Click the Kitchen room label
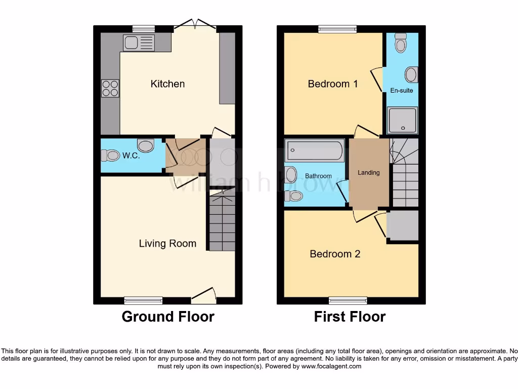tap(167, 84)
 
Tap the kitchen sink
tap(138, 43)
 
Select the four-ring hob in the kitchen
tap(110, 89)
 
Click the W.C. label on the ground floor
tap(131, 156)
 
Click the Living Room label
tap(167, 244)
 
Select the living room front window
tap(144, 300)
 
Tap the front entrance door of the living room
tap(204, 295)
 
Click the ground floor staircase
tap(222, 223)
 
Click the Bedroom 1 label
tap(333, 84)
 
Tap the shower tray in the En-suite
tap(403, 120)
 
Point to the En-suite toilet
tap(401, 44)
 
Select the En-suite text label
tap(401, 91)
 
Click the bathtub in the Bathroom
tap(315, 150)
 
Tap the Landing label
tap(368, 173)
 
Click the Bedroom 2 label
tap(335, 254)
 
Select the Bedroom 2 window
tap(348, 300)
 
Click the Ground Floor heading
tap(168, 317)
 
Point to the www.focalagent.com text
tap(331, 366)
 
